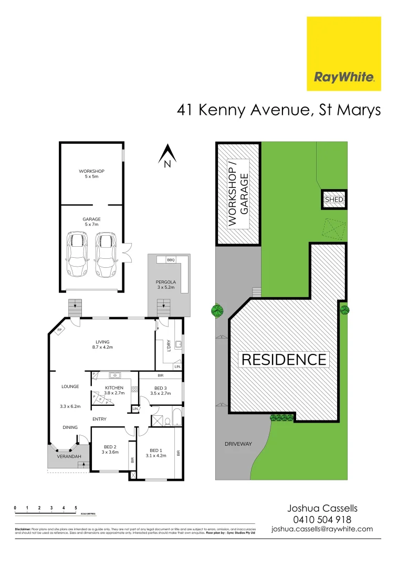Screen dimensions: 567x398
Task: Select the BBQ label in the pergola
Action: [171, 260]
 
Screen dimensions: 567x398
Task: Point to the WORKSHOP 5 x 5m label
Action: [92, 174]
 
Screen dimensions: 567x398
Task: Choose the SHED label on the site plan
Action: [334, 199]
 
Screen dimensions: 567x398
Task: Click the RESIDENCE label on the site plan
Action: [284, 360]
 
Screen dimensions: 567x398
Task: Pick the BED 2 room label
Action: [110, 449]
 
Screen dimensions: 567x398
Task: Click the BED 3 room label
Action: [158, 390]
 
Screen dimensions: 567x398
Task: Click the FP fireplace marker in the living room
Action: [59, 330]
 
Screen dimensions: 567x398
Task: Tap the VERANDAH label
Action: [68, 456]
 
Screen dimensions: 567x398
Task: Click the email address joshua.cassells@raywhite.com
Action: [322, 529]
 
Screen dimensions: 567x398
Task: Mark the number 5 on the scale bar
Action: [76, 508]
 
